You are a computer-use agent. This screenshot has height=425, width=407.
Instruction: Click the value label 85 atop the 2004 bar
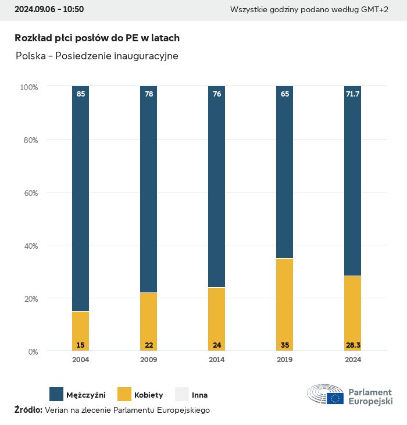coord(81,94)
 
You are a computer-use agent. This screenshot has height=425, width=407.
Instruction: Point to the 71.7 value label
coord(352,94)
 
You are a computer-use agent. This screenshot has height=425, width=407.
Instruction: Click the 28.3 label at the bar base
coord(352,345)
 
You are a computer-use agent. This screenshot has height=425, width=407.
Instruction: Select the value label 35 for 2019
coord(285,345)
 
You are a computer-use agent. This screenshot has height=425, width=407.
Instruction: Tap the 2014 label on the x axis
coord(216,360)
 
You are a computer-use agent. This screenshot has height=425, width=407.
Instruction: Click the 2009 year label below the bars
coord(149,360)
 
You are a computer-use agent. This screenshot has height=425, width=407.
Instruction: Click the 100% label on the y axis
coord(28,87)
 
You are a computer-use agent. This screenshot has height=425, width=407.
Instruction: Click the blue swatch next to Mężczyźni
coord(56,395)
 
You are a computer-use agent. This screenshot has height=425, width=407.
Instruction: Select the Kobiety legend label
coord(148,395)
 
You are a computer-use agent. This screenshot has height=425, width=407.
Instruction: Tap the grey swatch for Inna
coord(182,395)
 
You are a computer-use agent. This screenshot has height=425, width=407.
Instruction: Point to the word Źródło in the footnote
coord(28,410)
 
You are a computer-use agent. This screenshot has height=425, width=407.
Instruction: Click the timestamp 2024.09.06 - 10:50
coord(49,9)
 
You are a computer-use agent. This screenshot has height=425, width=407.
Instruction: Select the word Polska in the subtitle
coord(31,56)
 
